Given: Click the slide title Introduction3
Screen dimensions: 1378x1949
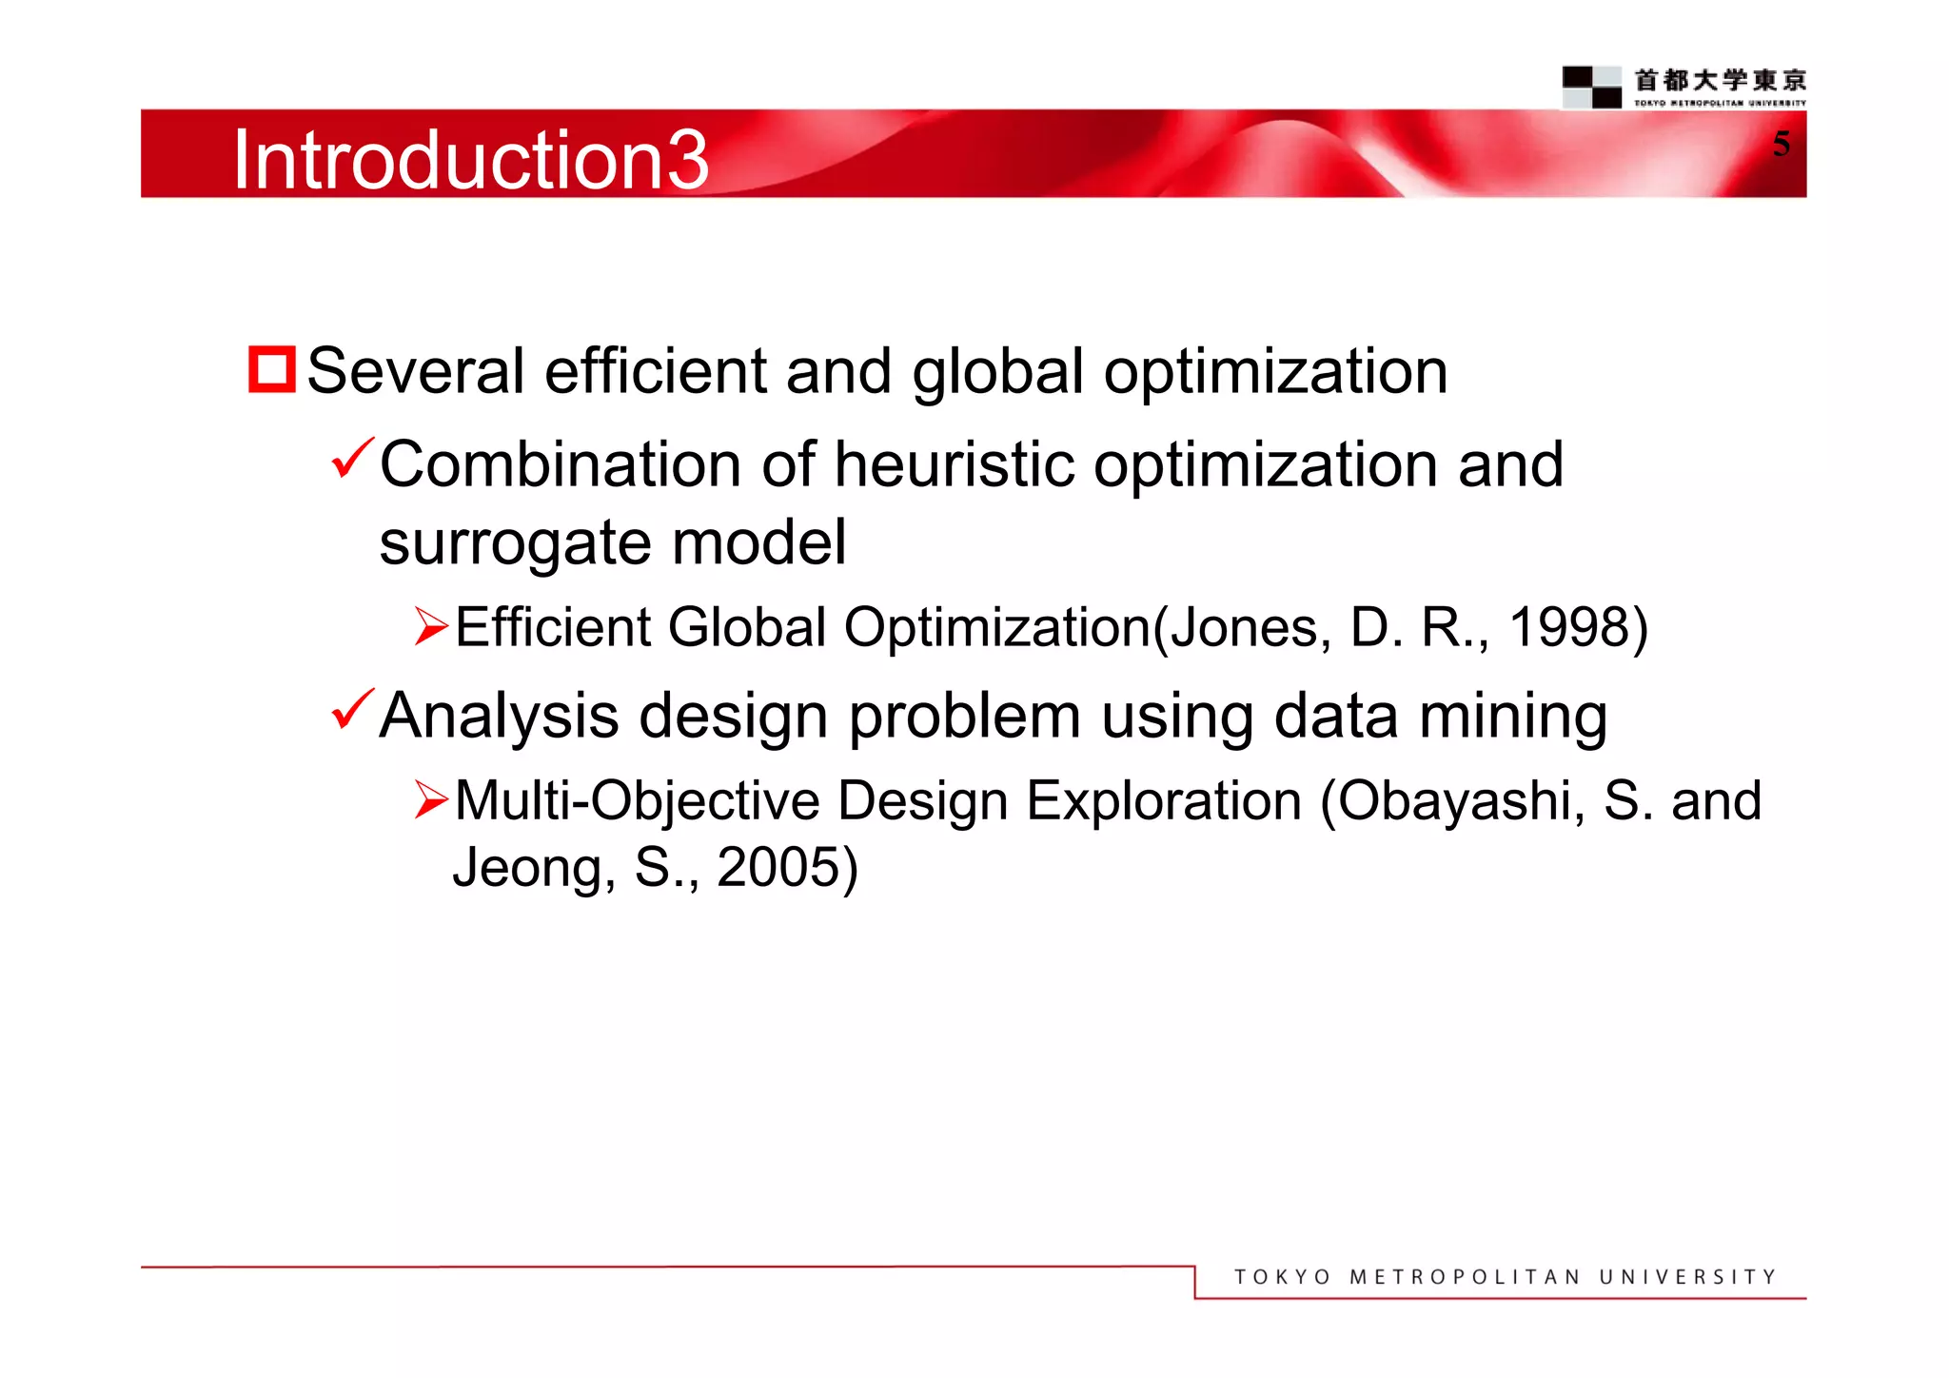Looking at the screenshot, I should pos(470,160).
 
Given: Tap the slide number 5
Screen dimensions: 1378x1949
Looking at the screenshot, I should pos(1781,144).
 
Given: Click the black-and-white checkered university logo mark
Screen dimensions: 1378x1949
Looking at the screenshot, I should pos(1591,87).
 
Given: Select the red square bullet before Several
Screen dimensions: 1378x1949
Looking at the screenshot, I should pos(271,369).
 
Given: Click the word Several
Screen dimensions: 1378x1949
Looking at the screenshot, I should pos(415,371).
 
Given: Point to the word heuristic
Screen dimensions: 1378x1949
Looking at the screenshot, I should pos(955,465).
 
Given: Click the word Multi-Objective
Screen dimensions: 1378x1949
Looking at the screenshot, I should pos(637,801).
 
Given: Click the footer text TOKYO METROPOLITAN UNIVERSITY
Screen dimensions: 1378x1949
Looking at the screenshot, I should pos(1505,1277).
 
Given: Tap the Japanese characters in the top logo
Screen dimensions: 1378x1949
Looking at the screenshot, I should pos(1720,80).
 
